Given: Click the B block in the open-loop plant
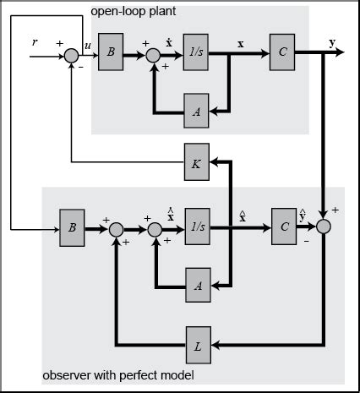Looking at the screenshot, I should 112,52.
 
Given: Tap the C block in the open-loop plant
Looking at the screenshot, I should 282,52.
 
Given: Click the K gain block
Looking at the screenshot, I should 197,164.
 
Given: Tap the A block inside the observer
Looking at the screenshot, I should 197,285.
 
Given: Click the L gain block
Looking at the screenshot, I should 197,345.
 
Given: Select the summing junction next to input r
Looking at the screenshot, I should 70,57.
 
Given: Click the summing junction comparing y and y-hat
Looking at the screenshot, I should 325,227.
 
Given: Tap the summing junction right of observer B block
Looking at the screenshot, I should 116,229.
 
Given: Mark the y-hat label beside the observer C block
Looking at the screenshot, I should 303,210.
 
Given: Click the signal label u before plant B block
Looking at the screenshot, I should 87,45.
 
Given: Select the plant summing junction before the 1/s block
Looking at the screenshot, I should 153,57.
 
